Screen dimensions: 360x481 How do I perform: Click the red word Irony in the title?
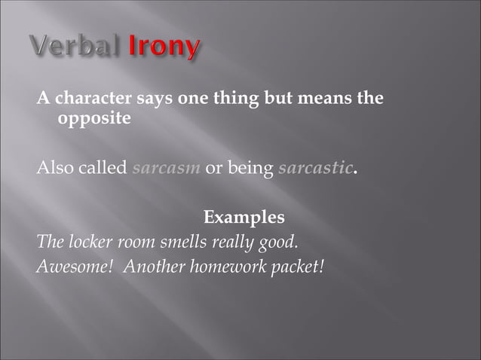tap(165, 47)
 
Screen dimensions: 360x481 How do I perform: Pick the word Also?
tap(54, 167)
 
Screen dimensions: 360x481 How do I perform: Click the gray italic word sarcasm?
tap(166, 167)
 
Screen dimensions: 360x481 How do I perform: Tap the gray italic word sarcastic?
tap(315, 167)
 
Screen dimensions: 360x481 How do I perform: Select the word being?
tap(250, 168)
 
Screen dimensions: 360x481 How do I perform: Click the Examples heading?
tap(244, 218)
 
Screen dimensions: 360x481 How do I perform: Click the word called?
tap(103, 167)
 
